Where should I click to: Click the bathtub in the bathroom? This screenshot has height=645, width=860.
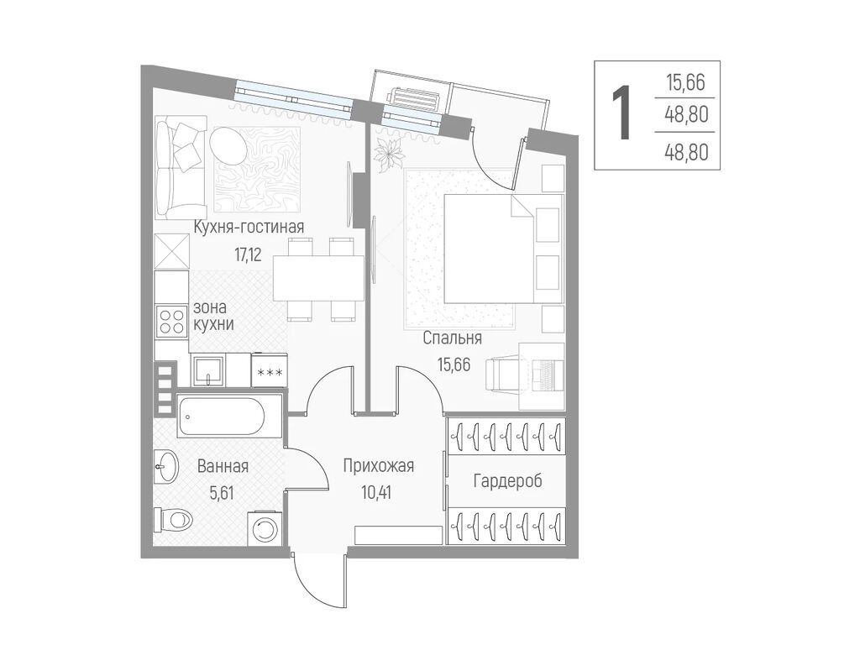click(229, 417)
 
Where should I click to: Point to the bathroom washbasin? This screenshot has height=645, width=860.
click(165, 467)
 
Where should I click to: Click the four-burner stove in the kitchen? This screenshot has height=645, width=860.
click(171, 322)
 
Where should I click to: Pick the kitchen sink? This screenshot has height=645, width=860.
click(208, 370)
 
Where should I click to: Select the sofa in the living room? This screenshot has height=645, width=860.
click(181, 167)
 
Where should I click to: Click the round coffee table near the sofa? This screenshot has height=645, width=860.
click(228, 145)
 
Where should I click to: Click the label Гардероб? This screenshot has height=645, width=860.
click(508, 481)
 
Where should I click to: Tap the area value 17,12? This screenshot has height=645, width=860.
click(248, 255)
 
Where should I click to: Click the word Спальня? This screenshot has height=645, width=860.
click(453, 338)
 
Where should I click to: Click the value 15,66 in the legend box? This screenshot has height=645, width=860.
click(685, 83)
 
